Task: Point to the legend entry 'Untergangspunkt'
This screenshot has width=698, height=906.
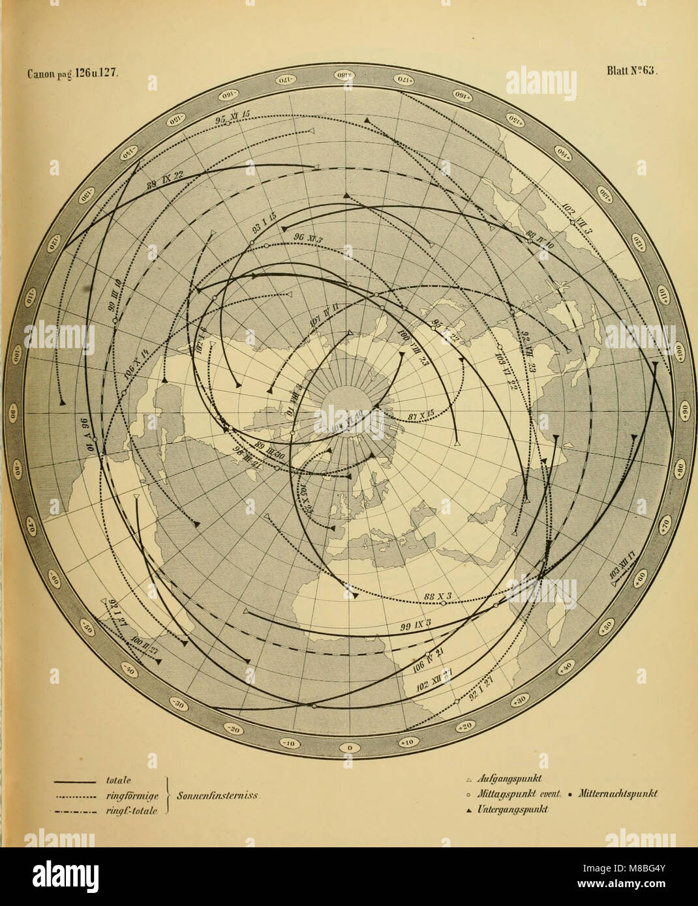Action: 513,808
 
